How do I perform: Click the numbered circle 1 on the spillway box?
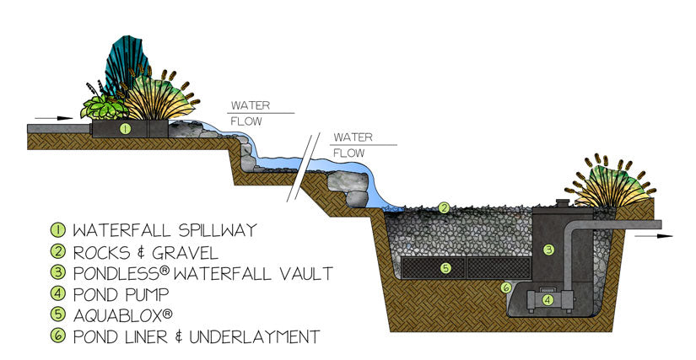pos(125,129)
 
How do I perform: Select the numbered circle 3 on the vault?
pos(548,249)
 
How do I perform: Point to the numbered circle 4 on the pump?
pos(548,298)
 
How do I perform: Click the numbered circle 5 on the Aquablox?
pos(447,268)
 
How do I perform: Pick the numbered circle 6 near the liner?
pos(506,287)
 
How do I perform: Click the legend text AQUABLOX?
pos(118,315)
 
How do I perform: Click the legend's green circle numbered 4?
pos(58,293)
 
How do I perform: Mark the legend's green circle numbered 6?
pos(58,336)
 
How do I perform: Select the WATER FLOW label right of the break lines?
pos(349,144)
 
